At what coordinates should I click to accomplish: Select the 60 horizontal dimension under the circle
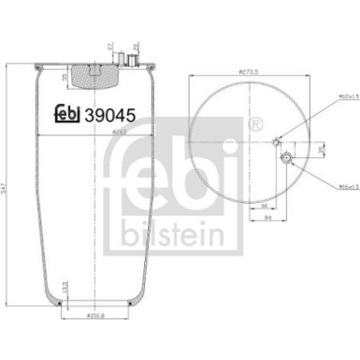pos(266,204)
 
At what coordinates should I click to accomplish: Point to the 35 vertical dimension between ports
pos(321,150)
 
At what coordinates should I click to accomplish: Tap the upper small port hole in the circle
pos(276,142)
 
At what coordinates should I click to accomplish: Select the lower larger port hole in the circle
pos(291,161)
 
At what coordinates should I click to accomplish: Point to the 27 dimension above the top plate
pos(109,46)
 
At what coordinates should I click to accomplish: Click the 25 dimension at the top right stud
pos(136,46)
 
